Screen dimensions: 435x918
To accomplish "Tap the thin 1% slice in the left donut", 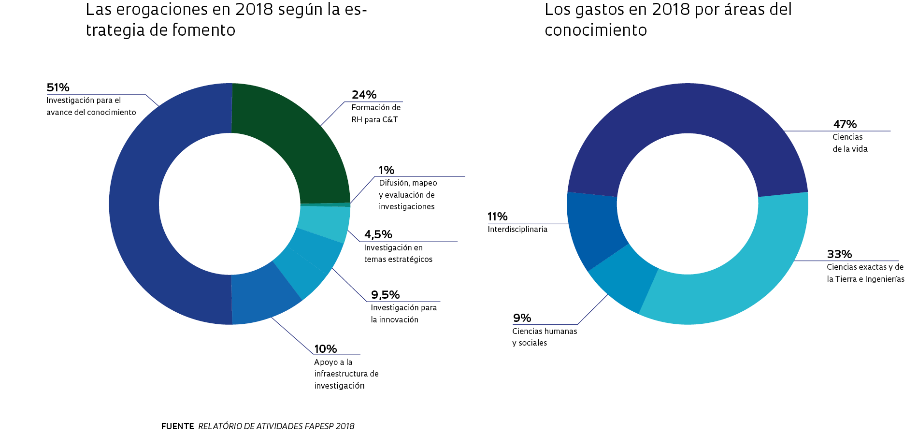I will pos(325,205).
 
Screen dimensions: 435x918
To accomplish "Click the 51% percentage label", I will pos(58,87).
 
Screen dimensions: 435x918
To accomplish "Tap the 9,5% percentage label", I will pos(385,295).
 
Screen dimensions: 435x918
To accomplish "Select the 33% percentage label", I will pos(839,254).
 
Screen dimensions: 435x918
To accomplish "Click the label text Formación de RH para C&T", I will pos(376,114).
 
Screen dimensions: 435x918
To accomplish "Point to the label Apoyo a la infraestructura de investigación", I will pos(346,374).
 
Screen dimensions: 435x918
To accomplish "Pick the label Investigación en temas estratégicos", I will pos(398,253).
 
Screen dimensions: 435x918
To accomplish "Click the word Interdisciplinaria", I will pos(517,229).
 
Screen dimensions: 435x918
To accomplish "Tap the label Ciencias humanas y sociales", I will pos(545,337).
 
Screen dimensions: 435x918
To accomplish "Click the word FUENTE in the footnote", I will pos(177,426).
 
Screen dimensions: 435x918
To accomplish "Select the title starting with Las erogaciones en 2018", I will pos(226,19).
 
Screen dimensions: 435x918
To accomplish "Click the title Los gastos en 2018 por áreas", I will pos(668,19).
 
